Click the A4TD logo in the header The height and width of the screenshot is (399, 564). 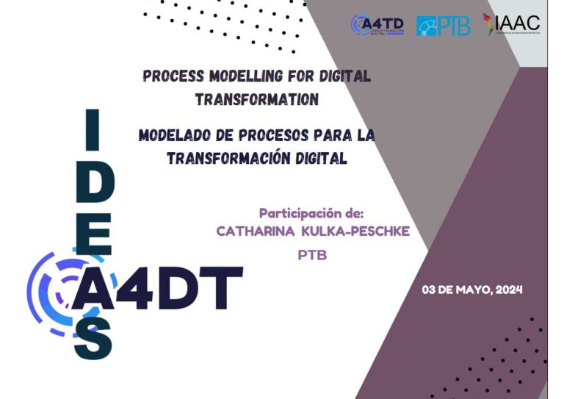pyautogui.click(x=377, y=24)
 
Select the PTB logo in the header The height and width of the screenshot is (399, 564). pyautogui.click(x=444, y=26)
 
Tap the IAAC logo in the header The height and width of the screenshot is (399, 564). pyautogui.click(x=511, y=24)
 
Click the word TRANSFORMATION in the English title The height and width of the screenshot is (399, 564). pyautogui.click(x=256, y=99)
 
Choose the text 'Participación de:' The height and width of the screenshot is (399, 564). pyautogui.click(x=311, y=214)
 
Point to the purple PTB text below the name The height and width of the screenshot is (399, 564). pyautogui.click(x=311, y=256)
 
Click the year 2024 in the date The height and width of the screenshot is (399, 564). pyautogui.click(x=508, y=290)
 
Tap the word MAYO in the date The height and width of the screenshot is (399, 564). pyautogui.click(x=470, y=290)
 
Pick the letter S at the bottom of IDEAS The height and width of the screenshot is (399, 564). pyautogui.click(x=94, y=340)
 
